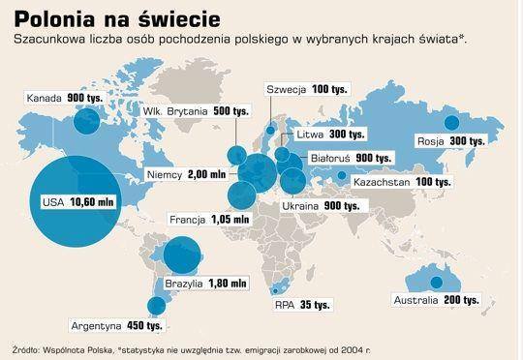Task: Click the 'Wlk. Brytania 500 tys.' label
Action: coord(181,112)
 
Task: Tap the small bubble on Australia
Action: coord(437,282)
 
